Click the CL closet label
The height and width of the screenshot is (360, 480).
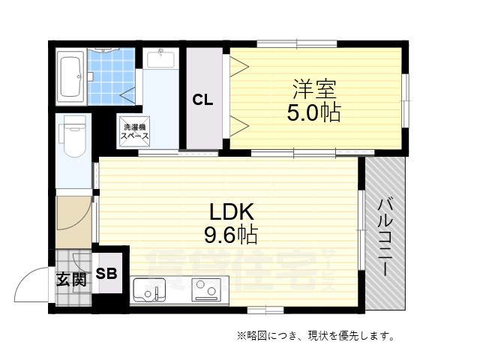[203, 100]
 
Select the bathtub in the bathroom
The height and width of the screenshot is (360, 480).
[71, 76]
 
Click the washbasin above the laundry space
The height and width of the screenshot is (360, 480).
[160, 59]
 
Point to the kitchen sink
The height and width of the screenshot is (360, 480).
[149, 288]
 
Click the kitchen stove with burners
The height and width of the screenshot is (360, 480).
[205, 289]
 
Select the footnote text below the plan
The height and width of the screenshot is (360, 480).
[315, 335]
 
